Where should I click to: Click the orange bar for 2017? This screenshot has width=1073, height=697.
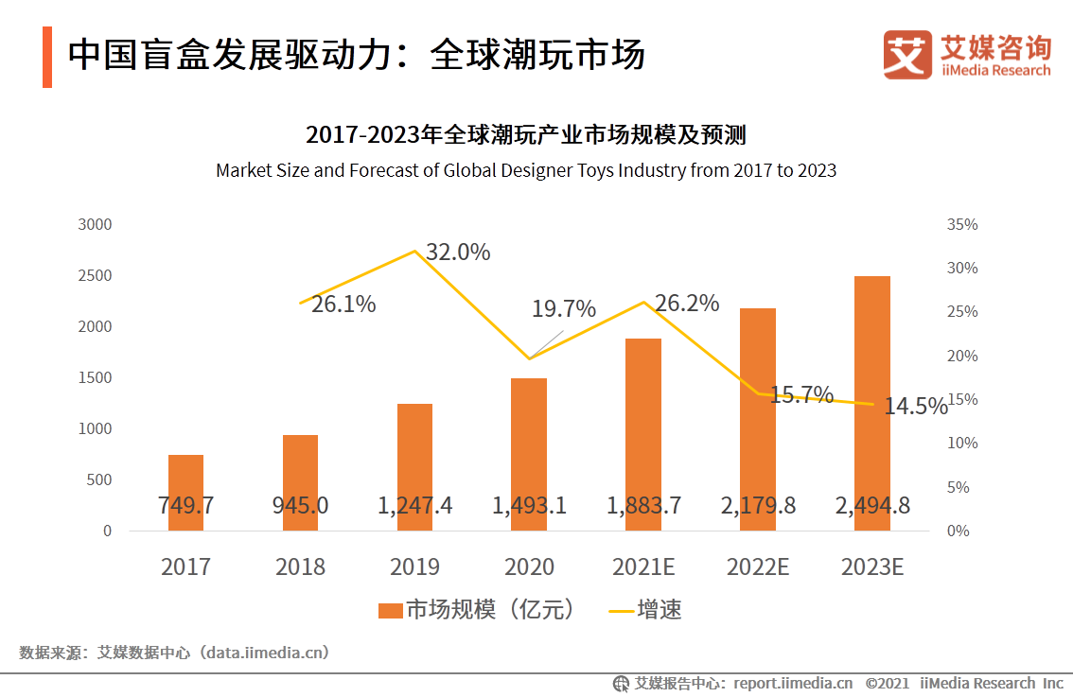185,492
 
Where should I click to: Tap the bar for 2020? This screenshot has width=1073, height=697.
529,454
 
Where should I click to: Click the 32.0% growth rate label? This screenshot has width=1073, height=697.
458,253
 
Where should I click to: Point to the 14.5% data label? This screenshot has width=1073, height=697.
915,407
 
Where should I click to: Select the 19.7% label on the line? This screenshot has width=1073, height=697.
564,309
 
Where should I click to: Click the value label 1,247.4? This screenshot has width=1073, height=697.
414,506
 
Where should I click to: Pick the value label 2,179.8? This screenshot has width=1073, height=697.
758,506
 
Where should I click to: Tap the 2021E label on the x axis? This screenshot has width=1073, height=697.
643,566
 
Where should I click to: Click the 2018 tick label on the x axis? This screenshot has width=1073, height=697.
300,566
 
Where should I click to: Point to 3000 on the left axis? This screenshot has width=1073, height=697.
95,225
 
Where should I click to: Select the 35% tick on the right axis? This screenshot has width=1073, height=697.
961,225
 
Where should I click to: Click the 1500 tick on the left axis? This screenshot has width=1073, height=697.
95,377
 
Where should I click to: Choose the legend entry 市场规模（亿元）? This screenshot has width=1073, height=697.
477,610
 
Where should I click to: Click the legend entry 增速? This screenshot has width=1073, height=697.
645,610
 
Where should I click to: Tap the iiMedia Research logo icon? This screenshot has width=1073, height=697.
907,55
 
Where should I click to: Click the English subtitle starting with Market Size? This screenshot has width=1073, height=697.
526,171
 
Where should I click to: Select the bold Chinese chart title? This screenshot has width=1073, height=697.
526,135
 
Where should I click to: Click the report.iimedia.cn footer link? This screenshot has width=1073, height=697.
791,683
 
